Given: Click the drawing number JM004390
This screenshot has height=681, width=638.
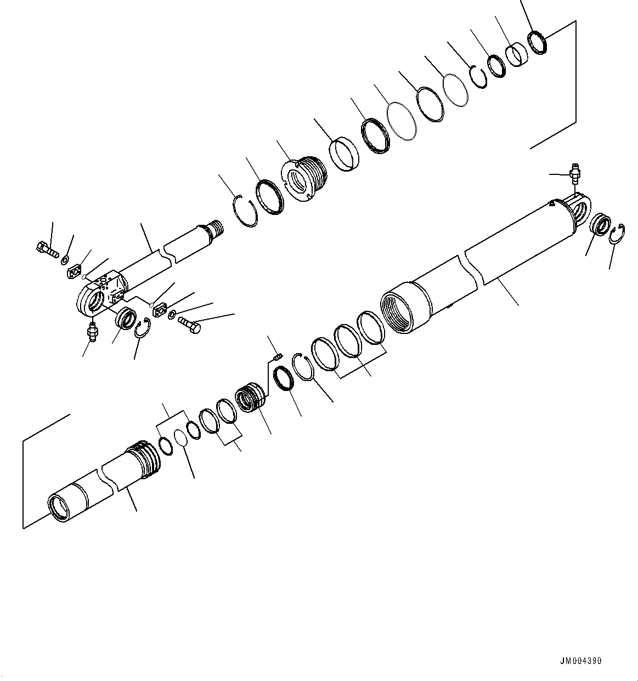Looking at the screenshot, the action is click(581, 661).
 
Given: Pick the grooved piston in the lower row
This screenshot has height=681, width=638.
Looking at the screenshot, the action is click(251, 398).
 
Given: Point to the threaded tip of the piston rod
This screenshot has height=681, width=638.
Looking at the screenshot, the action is click(216, 228).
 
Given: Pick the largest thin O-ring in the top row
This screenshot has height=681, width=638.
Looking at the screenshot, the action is click(402, 121).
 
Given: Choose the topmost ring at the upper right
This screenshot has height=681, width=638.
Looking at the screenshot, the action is click(538, 42).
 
